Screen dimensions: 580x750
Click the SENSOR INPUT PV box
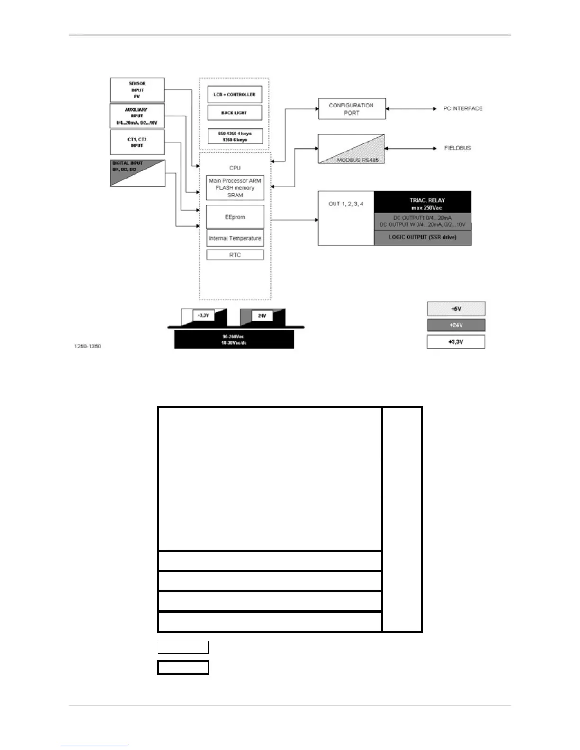[137, 90]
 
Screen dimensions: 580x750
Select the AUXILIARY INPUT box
[137, 116]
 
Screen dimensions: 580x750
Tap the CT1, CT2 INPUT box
[137, 143]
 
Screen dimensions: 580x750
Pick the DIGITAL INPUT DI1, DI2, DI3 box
[137, 173]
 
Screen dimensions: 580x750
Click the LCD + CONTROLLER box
[235, 95]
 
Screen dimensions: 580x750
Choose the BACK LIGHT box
[235, 113]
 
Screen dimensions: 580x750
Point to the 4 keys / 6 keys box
[235, 136]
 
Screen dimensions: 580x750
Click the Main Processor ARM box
[235, 188]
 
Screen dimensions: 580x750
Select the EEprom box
[235, 217]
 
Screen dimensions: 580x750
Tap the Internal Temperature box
[235, 238]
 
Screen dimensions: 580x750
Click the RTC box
[235, 255]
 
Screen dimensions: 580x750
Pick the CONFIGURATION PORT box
[352, 109]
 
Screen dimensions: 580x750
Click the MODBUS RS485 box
[351, 149]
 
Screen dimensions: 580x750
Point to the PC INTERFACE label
[462, 109]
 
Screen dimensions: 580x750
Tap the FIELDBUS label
[457, 148]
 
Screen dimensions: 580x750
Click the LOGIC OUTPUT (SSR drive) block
[423, 237]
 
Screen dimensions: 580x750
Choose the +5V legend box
[456, 309]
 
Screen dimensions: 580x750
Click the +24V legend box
[456, 325]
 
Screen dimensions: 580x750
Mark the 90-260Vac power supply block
[234, 339]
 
